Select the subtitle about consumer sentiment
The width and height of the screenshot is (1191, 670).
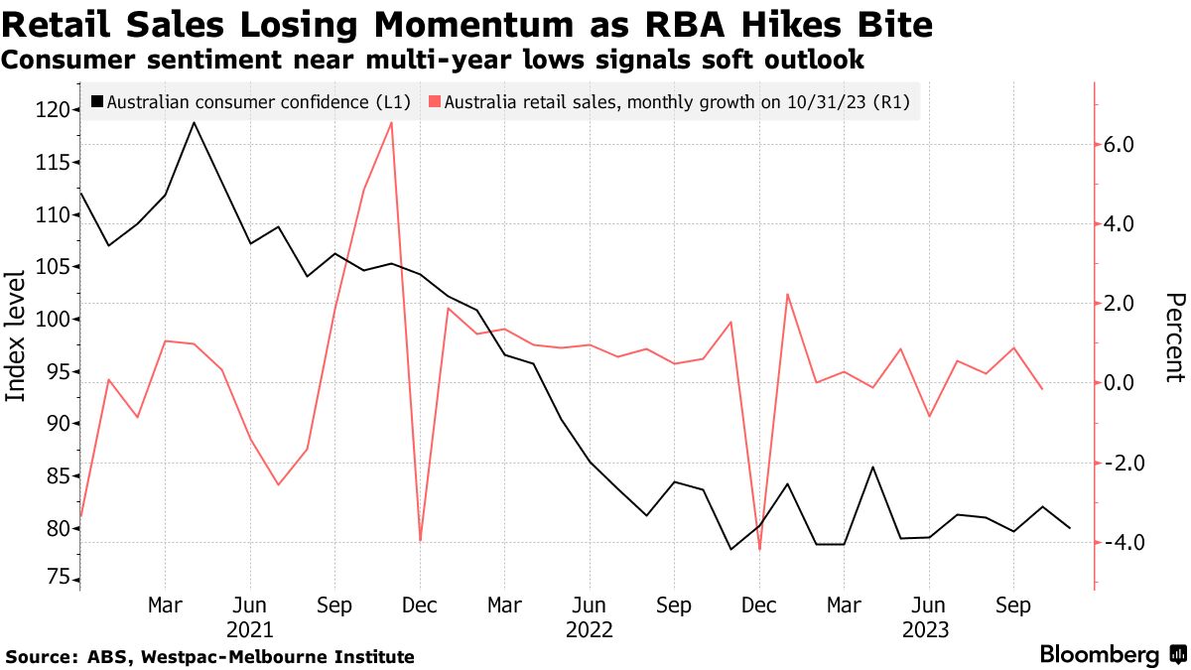(432, 60)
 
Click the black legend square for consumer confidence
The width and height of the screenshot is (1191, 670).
(97, 101)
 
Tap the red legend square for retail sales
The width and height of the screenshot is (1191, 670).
(435, 101)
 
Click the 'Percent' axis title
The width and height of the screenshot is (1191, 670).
(1175, 337)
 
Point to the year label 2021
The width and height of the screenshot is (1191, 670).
(250, 629)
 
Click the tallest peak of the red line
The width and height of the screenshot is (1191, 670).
(392, 123)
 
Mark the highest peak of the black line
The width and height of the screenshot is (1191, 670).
(193, 123)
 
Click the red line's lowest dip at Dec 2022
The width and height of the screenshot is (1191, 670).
(759, 549)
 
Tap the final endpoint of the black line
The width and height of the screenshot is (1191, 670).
(1069, 528)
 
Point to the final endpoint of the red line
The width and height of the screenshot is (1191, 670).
(1041, 389)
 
